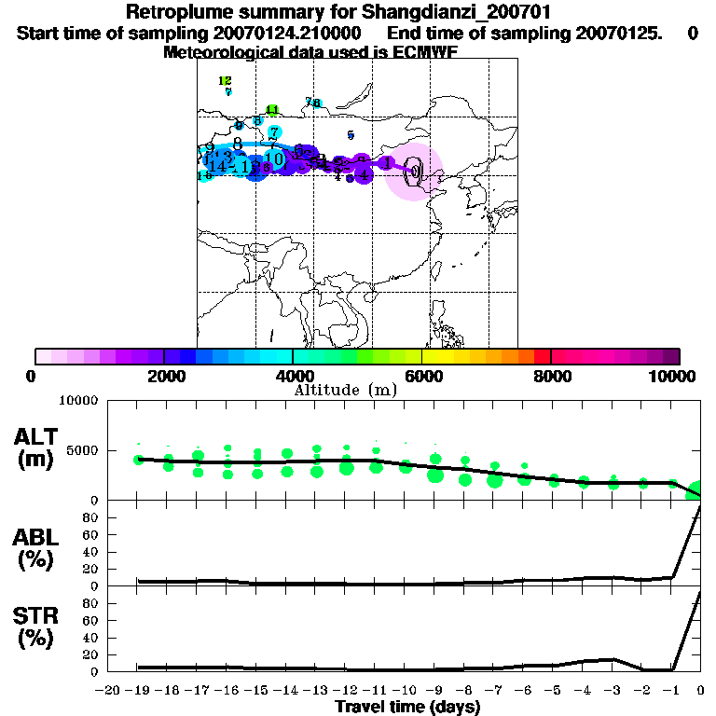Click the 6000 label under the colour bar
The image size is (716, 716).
[x=423, y=376]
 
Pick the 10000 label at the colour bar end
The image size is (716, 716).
[x=674, y=376]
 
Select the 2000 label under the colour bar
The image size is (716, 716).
[x=164, y=376]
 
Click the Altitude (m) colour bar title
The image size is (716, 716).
[x=345, y=390]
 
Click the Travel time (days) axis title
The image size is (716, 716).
[x=407, y=708]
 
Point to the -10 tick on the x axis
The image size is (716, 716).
[x=402, y=691]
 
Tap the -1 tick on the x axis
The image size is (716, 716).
[x=668, y=691]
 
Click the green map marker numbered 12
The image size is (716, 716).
[x=225, y=81]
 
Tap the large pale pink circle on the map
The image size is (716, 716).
[x=414, y=172]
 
